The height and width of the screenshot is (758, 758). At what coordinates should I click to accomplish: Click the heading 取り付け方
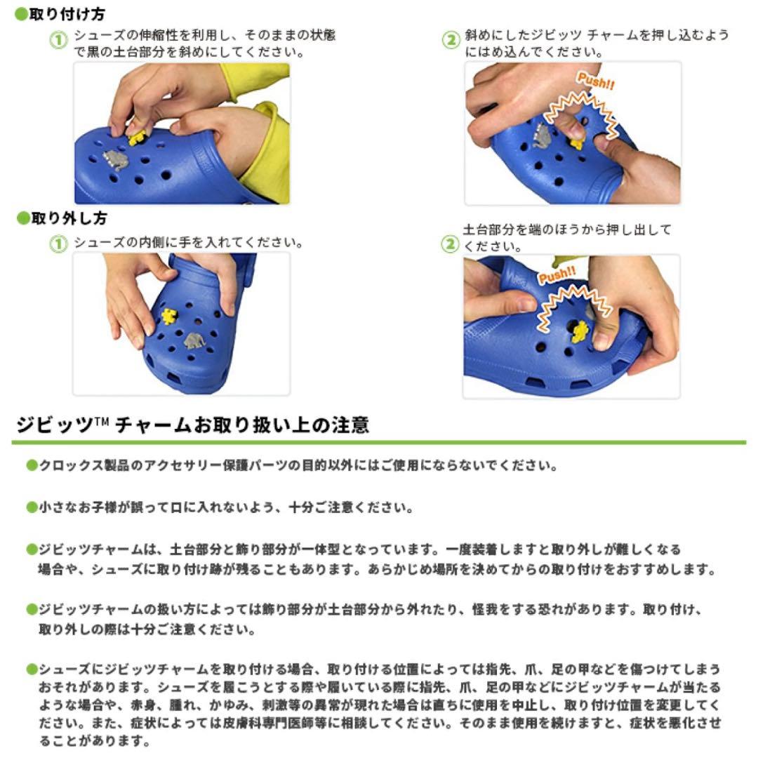click(x=67, y=14)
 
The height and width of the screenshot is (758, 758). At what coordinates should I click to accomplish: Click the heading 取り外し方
click(x=69, y=218)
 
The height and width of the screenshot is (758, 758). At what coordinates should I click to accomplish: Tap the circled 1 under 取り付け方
click(x=58, y=40)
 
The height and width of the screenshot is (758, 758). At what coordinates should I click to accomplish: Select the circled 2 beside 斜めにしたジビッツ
click(x=451, y=40)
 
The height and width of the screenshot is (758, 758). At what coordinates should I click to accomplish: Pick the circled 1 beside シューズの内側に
click(x=58, y=244)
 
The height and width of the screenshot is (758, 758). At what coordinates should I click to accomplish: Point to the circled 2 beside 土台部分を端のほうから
click(x=450, y=244)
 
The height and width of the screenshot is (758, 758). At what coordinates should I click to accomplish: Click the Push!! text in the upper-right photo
click(x=596, y=81)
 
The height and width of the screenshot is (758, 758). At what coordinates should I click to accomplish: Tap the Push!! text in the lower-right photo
click(x=557, y=275)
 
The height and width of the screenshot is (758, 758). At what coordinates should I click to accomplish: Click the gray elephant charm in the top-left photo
click(x=116, y=160)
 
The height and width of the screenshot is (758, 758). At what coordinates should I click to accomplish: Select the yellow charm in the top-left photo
click(x=137, y=138)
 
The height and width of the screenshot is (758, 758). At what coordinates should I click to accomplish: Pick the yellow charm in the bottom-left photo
click(x=168, y=316)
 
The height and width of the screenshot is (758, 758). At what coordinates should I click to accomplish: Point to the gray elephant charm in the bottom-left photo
click(x=195, y=341)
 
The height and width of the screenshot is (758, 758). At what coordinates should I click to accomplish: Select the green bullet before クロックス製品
click(x=32, y=465)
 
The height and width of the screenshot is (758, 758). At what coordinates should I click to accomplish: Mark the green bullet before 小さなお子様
click(x=32, y=507)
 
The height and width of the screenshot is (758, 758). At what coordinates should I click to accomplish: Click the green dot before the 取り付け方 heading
click(x=22, y=14)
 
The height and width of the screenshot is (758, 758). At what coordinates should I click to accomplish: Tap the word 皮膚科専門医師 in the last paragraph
click(x=269, y=723)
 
